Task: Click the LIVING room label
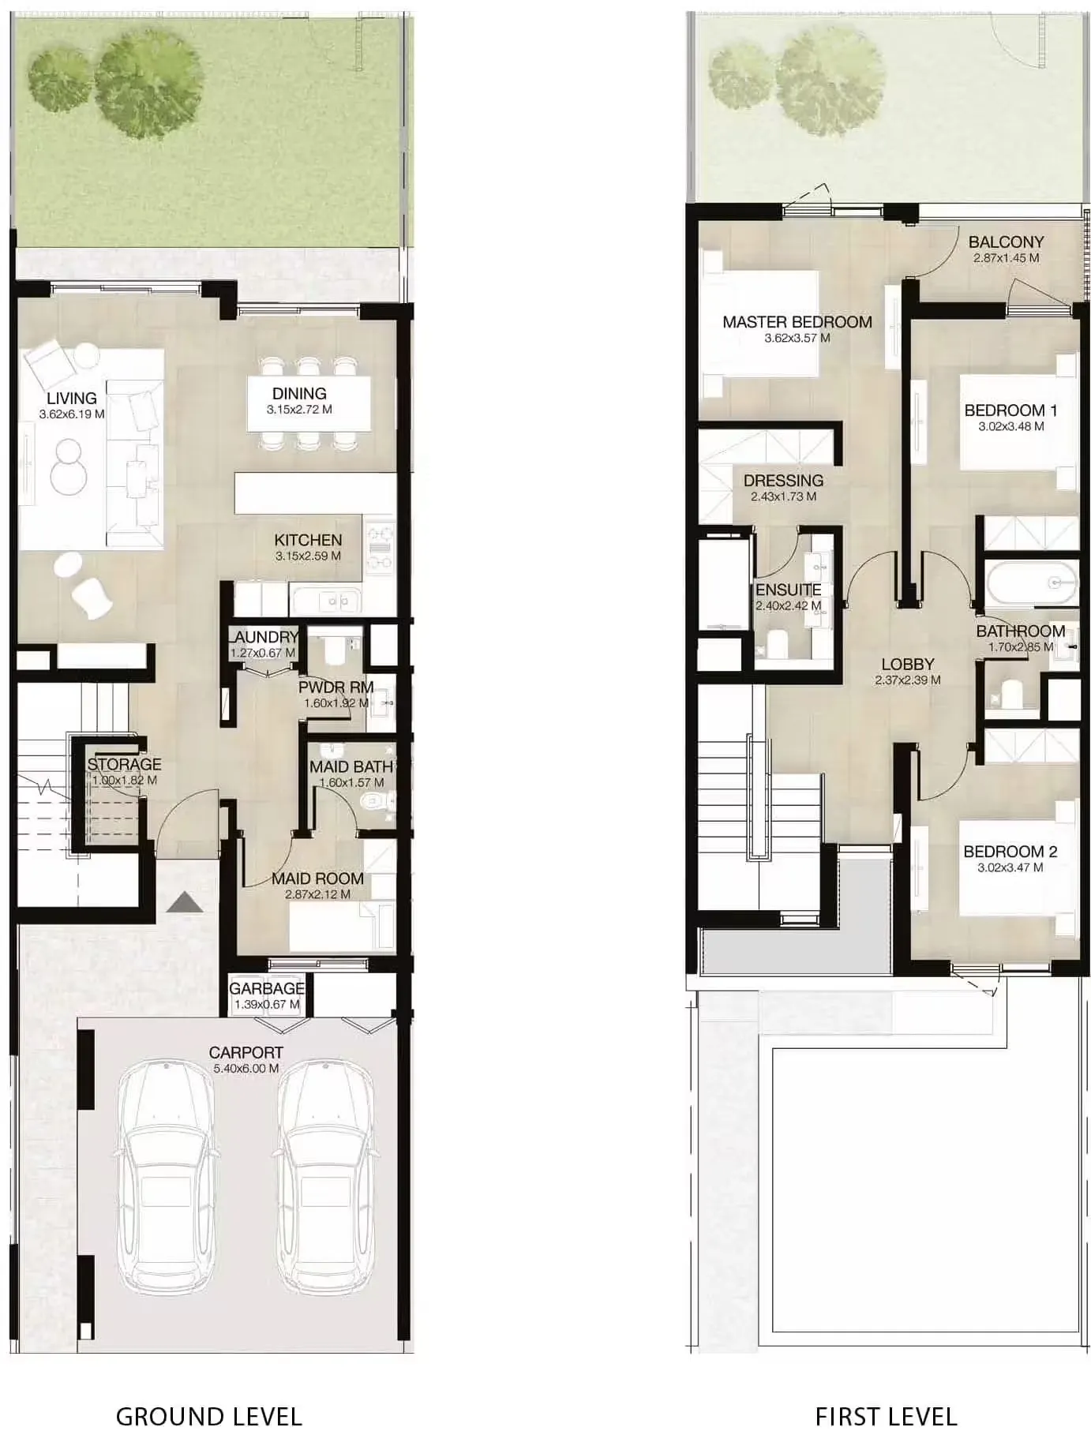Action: (x=72, y=399)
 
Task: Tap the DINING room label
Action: (x=299, y=394)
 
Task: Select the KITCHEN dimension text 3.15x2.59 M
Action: (x=308, y=556)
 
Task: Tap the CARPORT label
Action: (x=246, y=1053)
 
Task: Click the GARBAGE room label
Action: (x=267, y=989)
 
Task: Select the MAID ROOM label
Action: (x=317, y=879)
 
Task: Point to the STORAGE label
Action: (x=124, y=765)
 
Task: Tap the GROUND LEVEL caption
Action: (x=209, y=1395)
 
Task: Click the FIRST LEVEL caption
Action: (x=886, y=1395)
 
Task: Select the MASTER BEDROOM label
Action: (x=797, y=322)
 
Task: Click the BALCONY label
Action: (x=1006, y=242)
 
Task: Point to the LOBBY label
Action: (x=908, y=665)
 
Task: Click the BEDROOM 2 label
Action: (x=1010, y=852)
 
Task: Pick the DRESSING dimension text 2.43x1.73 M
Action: (x=784, y=497)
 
